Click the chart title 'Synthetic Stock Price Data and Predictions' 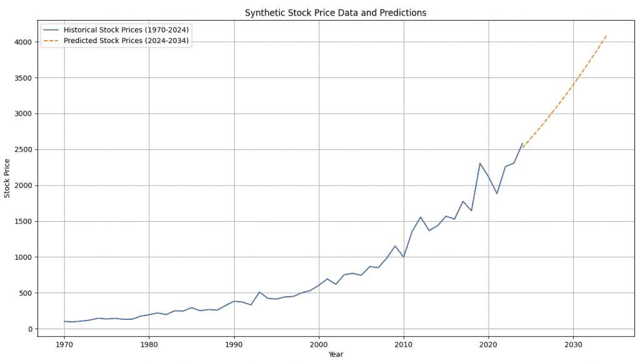335,12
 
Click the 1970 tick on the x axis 64,344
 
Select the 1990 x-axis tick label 234,344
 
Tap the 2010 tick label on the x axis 404,344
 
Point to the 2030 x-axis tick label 573,344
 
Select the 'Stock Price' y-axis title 7,179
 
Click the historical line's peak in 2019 480,164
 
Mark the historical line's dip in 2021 497,194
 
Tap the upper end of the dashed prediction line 607,35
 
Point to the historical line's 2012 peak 421,217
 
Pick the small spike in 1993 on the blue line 259,292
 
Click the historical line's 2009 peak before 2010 395,246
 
